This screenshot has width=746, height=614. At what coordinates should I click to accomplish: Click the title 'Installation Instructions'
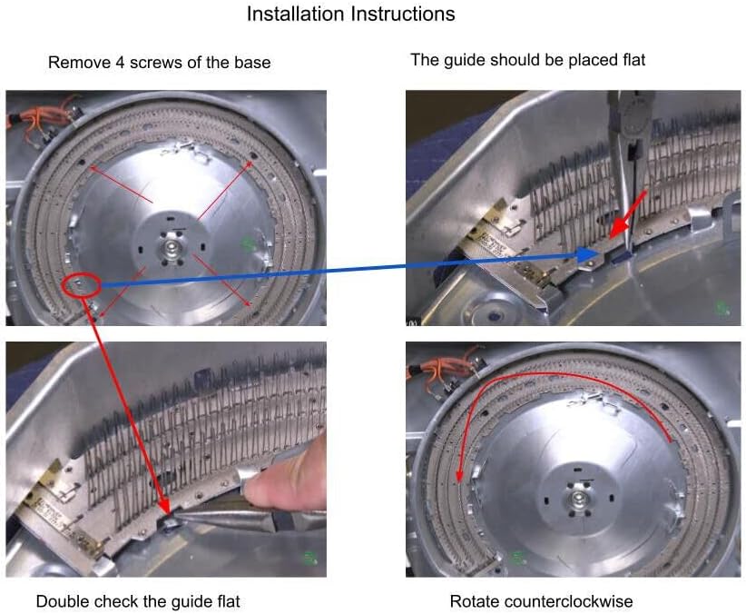coord(350,14)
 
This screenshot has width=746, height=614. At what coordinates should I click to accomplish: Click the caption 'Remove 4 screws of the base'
coord(160,63)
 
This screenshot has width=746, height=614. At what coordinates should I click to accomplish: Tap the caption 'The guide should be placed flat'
coord(527,60)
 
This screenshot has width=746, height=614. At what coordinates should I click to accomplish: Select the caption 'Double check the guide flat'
coord(138,601)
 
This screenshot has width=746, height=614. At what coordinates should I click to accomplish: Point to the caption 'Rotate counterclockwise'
coord(541,601)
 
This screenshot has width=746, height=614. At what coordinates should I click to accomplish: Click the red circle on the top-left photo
coord(81,285)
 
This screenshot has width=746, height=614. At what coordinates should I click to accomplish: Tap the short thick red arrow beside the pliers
coord(627,214)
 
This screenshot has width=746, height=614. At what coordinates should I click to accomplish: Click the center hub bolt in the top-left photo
coord(170,247)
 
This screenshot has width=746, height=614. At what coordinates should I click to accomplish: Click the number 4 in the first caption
coord(121,63)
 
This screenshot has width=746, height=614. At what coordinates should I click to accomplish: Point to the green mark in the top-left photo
coord(248,243)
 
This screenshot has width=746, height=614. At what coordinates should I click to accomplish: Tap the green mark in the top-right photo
coord(723,307)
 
